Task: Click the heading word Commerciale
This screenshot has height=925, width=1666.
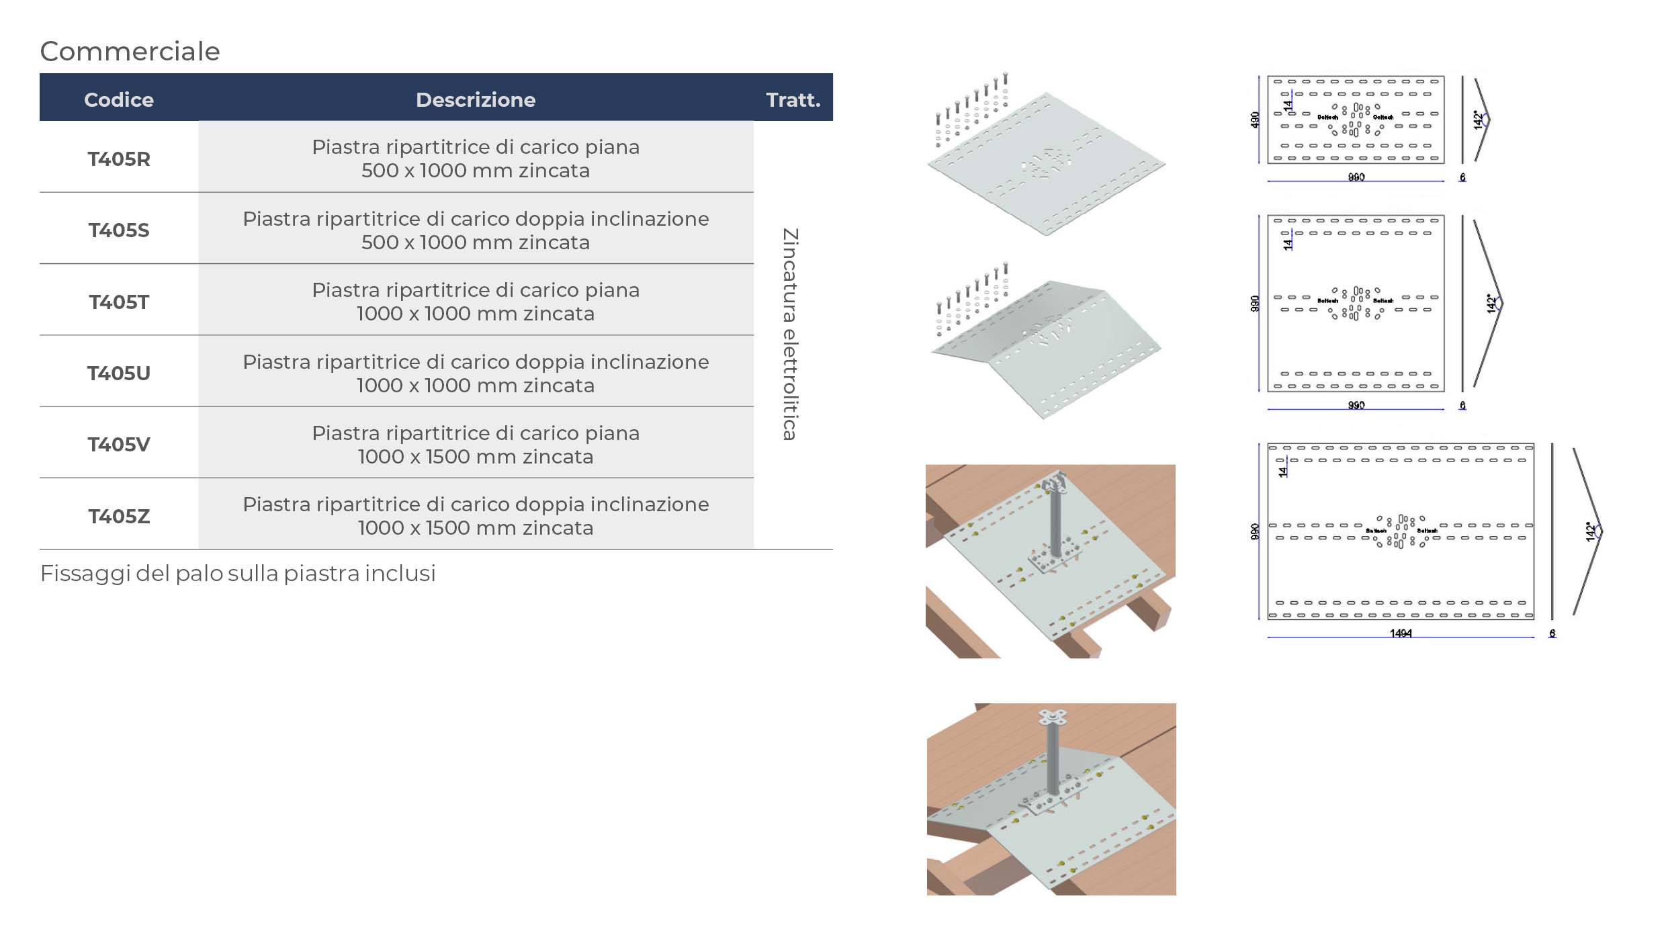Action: pos(130,52)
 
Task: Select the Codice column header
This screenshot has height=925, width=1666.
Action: pos(119,100)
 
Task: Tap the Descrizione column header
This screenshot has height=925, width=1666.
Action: pos(476,100)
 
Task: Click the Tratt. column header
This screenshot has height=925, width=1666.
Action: pos(793,100)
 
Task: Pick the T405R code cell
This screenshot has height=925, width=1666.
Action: pos(119,159)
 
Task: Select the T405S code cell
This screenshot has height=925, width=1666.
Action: pos(119,230)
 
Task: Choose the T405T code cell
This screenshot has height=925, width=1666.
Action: pos(119,302)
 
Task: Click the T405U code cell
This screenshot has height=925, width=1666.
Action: pos(119,373)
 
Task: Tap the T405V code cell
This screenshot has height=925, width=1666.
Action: pos(119,445)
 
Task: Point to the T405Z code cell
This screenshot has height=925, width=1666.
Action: pos(119,517)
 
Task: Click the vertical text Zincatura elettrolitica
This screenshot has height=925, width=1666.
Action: pos(790,334)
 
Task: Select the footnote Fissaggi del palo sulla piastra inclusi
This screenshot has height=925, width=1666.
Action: pos(238,574)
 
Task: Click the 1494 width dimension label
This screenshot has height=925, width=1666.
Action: pos(1401,633)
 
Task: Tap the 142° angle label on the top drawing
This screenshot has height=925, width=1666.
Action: pos(1478,120)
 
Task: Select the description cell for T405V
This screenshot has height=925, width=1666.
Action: pos(476,445)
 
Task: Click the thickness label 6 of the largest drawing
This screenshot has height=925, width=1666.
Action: pos(1552,633)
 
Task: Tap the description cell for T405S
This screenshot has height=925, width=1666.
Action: pos(476,230)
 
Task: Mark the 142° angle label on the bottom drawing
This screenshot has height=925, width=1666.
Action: pos(1590,532)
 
